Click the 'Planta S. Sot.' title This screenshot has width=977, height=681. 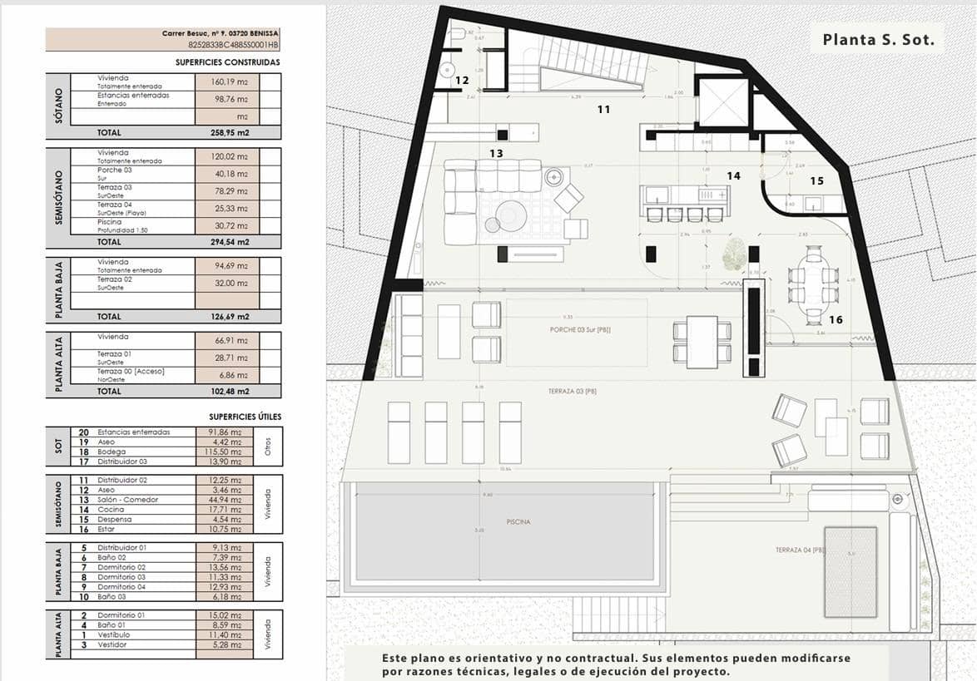point(878,39)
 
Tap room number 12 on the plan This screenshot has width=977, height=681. point(462,81)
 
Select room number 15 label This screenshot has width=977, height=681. point(816,180)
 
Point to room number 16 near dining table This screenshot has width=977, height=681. point(836,319)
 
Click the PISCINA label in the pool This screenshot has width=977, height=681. point(517,522)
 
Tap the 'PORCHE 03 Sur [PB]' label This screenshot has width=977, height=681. point(579,329)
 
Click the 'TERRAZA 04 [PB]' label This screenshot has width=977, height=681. point(799,550)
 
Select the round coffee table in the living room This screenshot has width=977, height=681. point(512,215)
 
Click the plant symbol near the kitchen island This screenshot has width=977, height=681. point(733,254)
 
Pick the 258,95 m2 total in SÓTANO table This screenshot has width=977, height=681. point(231,132)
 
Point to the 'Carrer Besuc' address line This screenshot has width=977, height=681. point(220,34)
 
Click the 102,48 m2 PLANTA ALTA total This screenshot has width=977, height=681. point(231,391)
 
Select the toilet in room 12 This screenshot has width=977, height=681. point(457,36)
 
